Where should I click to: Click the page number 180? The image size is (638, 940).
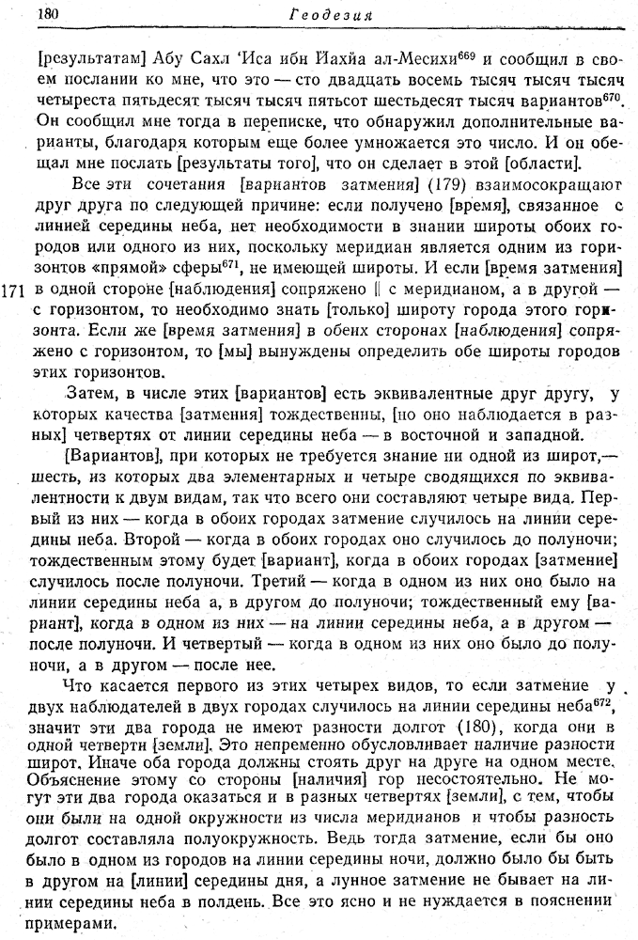46,13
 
